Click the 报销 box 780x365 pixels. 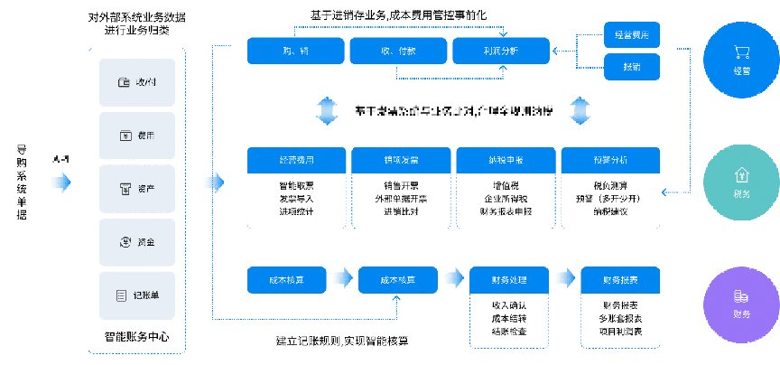(632, 68)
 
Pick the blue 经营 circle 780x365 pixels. (742, 60)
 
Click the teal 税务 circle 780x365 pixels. (742, 182)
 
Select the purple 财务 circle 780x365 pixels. (742, 303)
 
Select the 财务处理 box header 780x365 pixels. (507, 280)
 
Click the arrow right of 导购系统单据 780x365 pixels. (60, 182)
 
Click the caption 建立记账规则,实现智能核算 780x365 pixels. (341, 341)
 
